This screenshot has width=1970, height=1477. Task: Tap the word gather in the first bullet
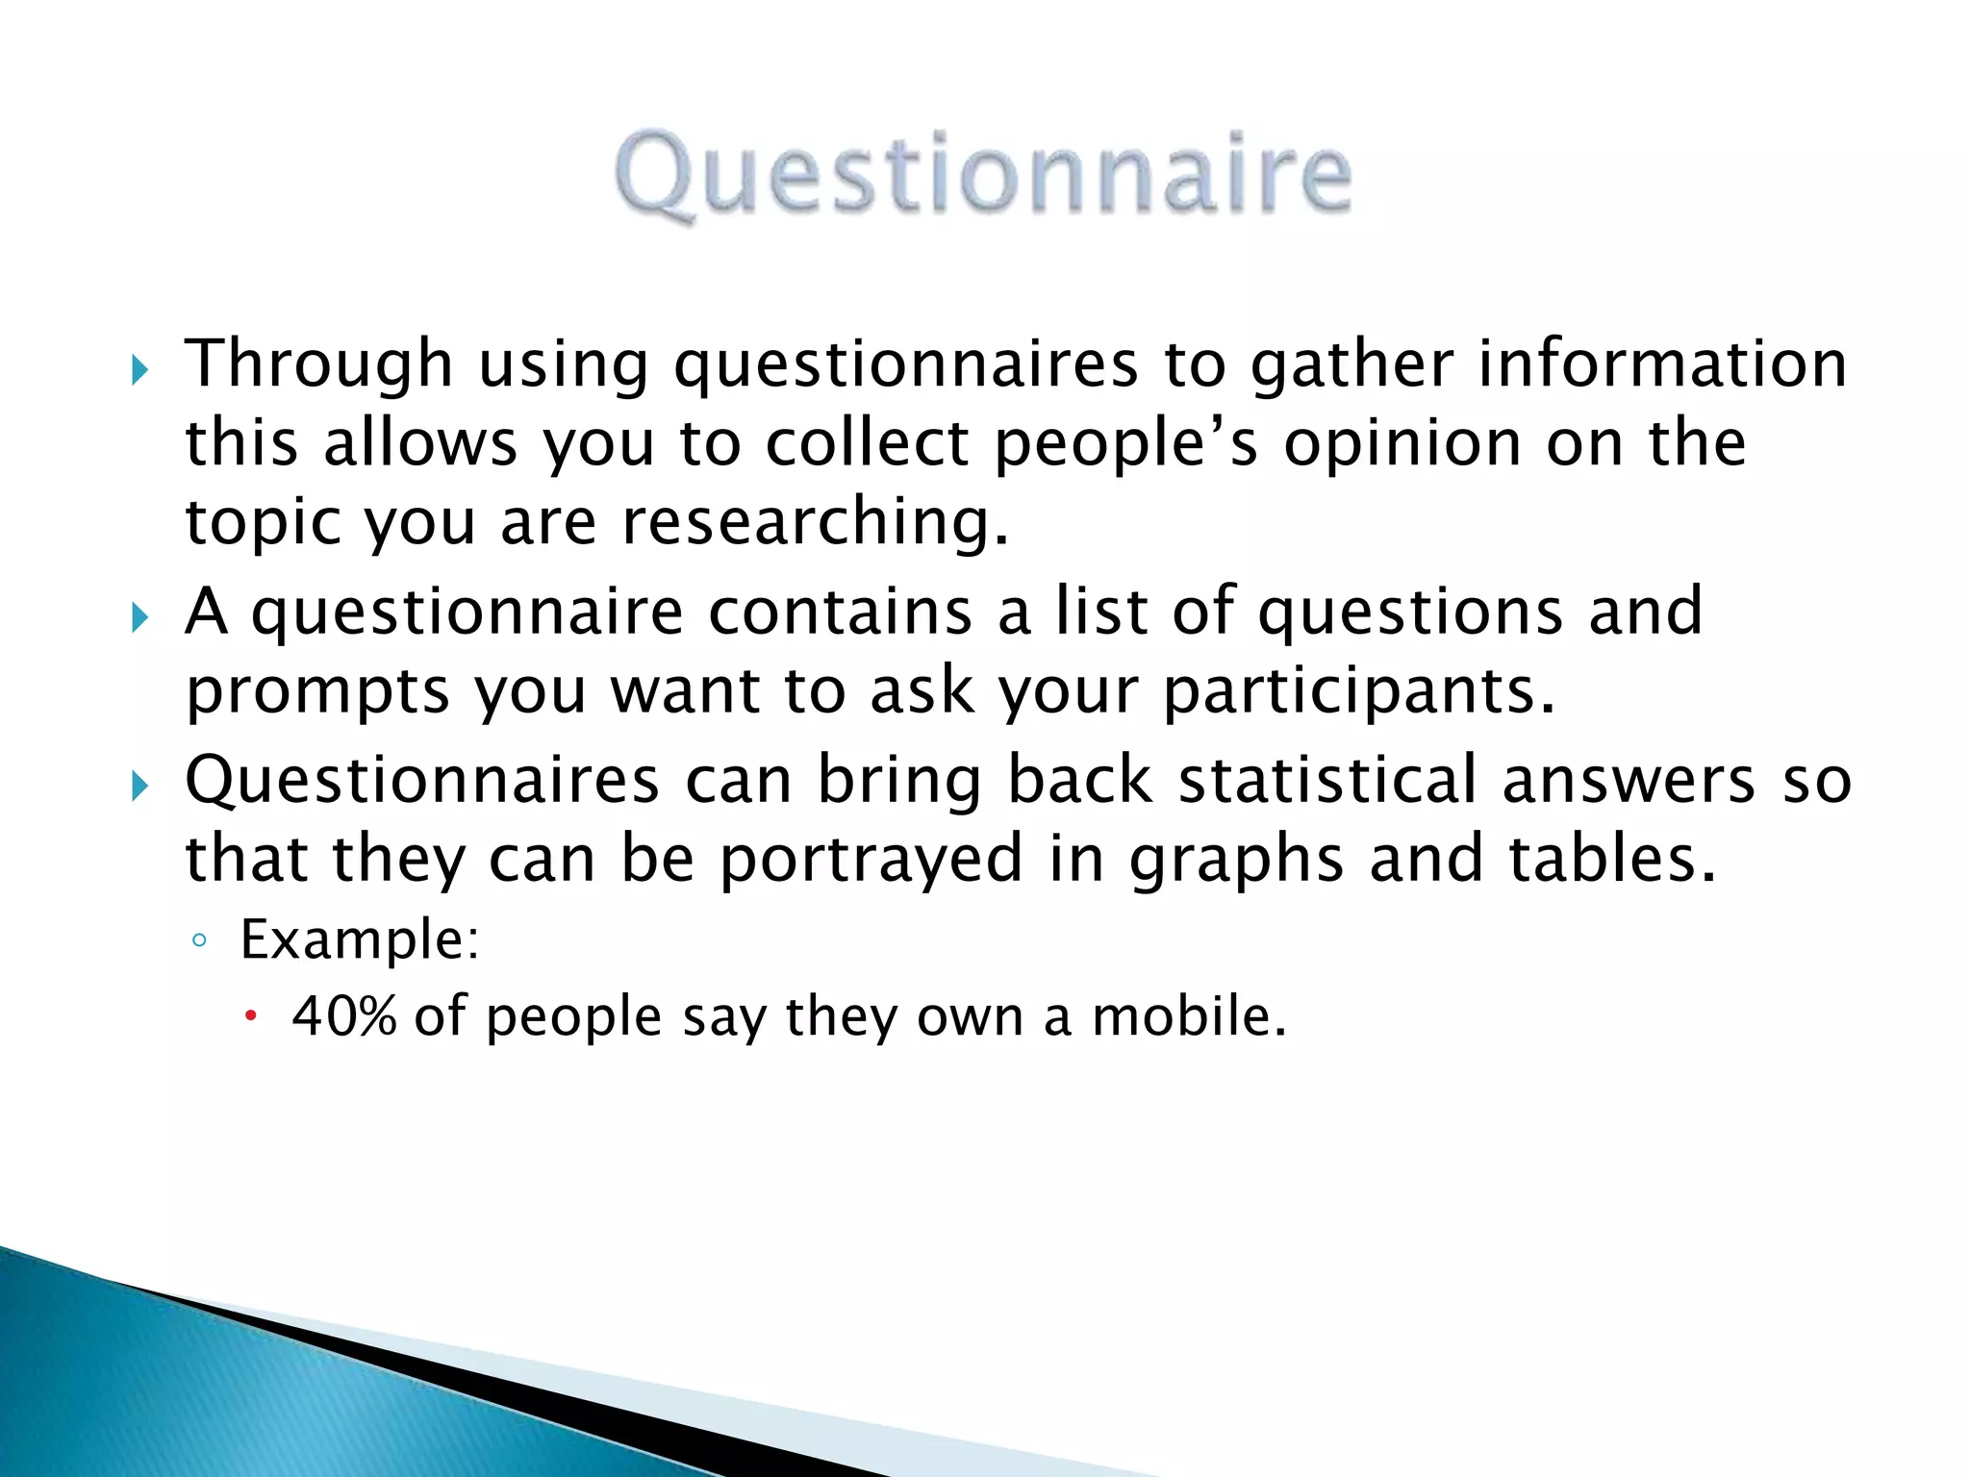click(x=1351, y=365)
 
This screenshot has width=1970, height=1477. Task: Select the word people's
click(x=1125, y=445)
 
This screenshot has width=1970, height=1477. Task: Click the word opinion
click(x=1402, y=445)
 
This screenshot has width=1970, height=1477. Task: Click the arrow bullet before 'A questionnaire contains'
click(x=140, y=617)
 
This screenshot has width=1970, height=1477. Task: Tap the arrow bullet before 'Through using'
click(x=140, y=370)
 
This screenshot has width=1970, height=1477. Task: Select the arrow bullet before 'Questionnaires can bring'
click(x=140, y=787)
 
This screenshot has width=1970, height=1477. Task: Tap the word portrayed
click(x=871, y=859)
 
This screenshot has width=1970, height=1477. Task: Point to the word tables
click(x=1611, y=858)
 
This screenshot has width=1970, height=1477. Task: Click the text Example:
click(x=359, y=939)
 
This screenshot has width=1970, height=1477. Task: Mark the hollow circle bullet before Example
click(x=199, y=940)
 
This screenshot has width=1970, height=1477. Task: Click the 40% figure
click(x=343, y=1016)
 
